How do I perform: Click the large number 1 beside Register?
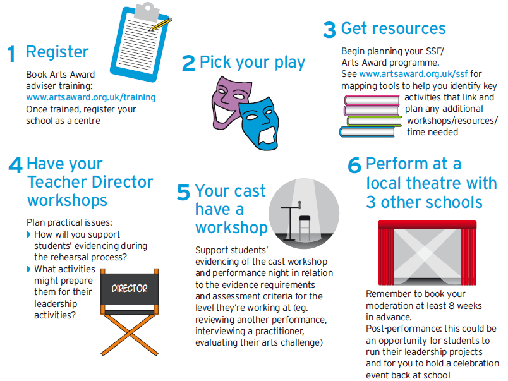(x=11, y=54)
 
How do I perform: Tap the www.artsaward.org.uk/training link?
(x=91, y=97)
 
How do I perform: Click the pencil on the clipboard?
(x=160, y=24)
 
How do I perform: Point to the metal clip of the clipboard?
(x=147, y=11)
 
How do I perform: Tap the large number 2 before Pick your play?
(x=188, y=63)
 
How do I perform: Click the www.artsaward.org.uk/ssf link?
(x=413, y=74)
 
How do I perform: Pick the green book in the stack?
(x=374, y=121)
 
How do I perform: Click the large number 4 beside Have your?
(x=16, y=166)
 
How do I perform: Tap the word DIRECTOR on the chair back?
(x=130, y=288)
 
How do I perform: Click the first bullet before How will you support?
(x=28, y=234)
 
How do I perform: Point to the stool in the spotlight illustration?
(x=305, y=227)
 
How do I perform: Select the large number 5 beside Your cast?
(x=183, y=192)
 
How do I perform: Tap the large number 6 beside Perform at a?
(x=354, y=166)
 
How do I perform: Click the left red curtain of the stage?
(x=386, y=255)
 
